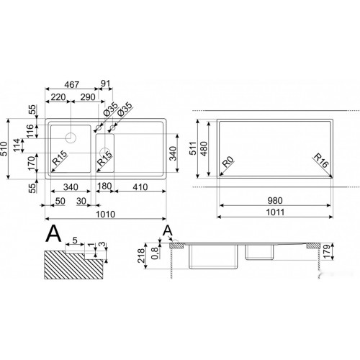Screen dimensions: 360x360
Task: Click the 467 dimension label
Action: pos(72,84)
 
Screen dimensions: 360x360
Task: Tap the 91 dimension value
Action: pos(105,84)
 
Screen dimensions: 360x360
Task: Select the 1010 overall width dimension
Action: pos(106,214)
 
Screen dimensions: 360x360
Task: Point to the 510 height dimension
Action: pos(4,149)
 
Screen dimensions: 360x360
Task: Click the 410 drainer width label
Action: pos(140,187)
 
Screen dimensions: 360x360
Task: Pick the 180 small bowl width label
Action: pos(104,186)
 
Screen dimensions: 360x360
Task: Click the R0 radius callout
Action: pos(228,162)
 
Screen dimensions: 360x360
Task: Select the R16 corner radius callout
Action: pos(320,161)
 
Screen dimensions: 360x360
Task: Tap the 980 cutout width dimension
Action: pos(275,200)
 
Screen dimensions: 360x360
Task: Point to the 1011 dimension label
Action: pos(275,212)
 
